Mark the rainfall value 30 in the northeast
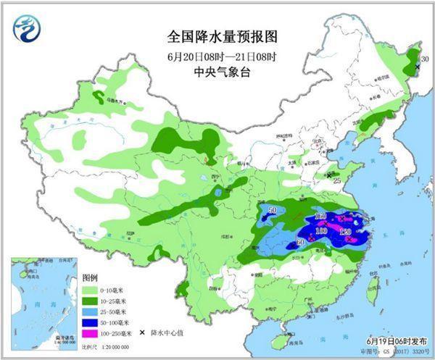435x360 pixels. pos(426,58)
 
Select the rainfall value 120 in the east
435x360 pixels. pos(345,232)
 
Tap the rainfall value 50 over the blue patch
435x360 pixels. pos(273,211)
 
